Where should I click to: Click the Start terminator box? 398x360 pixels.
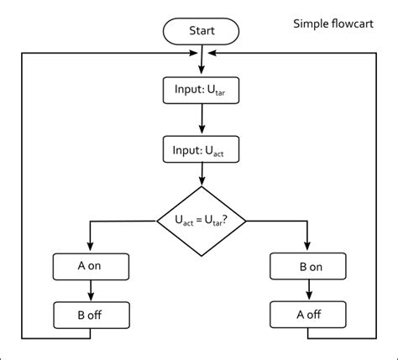pyautogui.click(x=201, y=31)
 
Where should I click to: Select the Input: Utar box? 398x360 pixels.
pyautogui.click(x=201, y=91)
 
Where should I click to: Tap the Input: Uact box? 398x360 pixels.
pyautogui.click(x=201, y=149)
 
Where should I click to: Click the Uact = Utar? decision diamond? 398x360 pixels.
pyautogui.click(x=202, y=221)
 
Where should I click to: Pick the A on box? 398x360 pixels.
pyautogui.click(x=91, y=267)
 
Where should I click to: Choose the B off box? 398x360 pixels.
pyautogui.click(x=92, y=315)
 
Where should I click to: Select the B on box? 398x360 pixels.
pyautogui.click(x=308, y=266)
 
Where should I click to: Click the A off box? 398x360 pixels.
pyautogui.click(x=308, y=315)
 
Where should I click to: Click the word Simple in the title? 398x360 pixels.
pyautogui.click(x=311, y=24)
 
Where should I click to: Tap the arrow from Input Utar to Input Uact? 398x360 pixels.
pyautogui.click(x=202, y=118)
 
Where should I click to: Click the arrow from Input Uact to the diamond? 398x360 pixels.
pyautogui.click(x=202, y=175)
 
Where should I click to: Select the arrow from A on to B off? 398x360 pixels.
pyautogui.click(x=91, y=290)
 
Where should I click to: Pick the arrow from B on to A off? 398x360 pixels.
pyautogui.click(x=309, y=290)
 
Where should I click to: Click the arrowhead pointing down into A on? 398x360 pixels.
pyautogui.click(x=90, y=246)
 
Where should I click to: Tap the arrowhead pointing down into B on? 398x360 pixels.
pyautogui.click(x=307, y=246)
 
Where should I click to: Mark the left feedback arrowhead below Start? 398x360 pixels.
pyautogui.click(x=193, y=53)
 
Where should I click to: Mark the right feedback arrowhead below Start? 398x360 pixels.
pyautogui.click(x=212, y=53)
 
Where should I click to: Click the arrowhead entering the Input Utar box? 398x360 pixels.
pyautogui.click(x=202, y=70)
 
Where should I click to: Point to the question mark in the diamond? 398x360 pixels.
pyautogui.click(x=224, y=220)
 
